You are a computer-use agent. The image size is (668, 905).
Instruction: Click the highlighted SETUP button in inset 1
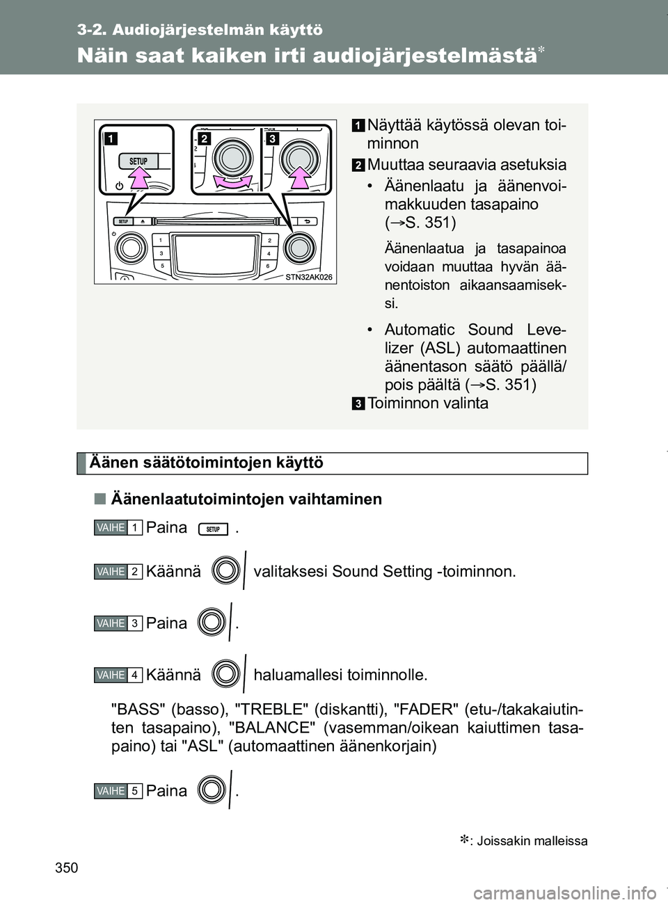click(138, 161)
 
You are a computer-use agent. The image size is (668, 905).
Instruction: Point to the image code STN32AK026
click(310, 277)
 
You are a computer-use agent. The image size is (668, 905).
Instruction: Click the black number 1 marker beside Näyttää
click(357, 126)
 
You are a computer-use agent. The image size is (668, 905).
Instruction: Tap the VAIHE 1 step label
click(117, 528)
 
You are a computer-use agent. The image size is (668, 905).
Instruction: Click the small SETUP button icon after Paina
click(213, 529)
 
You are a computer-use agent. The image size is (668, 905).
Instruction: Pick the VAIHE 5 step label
click(117, 791)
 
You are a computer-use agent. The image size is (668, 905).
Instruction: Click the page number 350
click(88, 867)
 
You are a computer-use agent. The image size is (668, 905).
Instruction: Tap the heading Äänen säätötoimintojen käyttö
click(206, 463)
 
